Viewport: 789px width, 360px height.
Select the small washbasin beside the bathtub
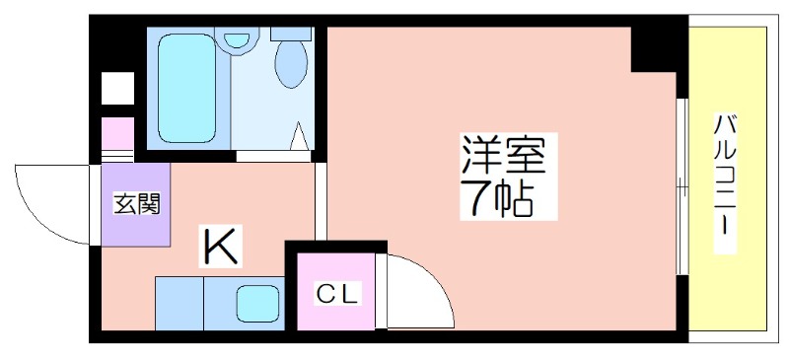(237, 40)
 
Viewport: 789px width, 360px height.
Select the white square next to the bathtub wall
(117, 88)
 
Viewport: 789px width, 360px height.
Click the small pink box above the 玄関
(117, 133)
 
